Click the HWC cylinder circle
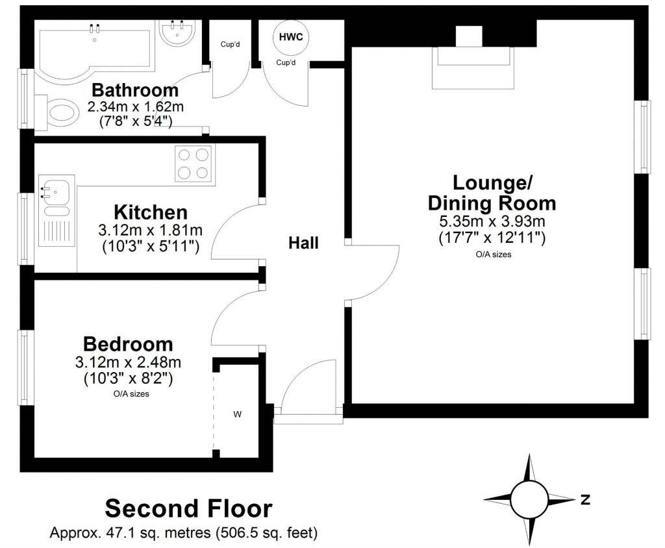290,36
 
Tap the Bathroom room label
134,90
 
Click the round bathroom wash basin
176,32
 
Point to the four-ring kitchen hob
195,164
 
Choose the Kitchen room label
151,212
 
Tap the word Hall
303,243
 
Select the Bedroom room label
129,344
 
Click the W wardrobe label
238,413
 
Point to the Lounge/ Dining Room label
492,192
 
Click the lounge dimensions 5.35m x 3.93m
492,221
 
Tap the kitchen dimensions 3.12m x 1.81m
150,230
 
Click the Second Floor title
188,508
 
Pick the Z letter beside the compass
585,499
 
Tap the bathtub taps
95,28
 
